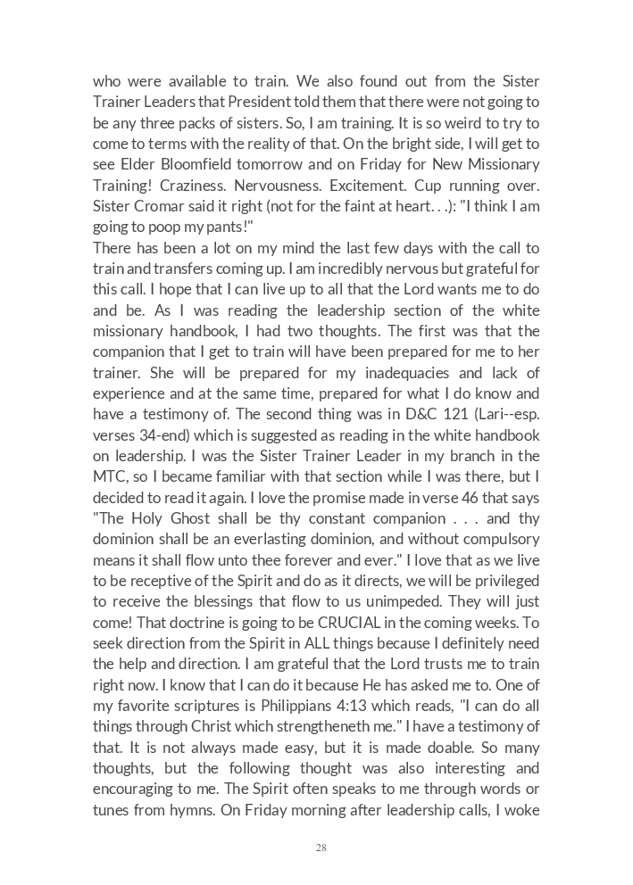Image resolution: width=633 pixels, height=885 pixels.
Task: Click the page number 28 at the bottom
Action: click(321, 848)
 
